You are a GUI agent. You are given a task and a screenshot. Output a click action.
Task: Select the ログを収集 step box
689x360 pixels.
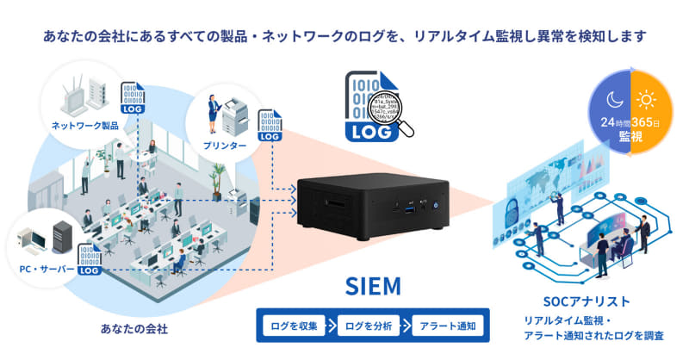[294, 326]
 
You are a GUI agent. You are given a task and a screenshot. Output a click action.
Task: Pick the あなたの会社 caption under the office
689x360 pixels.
[133, 329]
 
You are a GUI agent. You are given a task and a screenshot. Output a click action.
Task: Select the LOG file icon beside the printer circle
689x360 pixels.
[270, 126]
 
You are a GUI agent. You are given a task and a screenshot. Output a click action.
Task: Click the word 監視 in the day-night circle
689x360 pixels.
[631, 138]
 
